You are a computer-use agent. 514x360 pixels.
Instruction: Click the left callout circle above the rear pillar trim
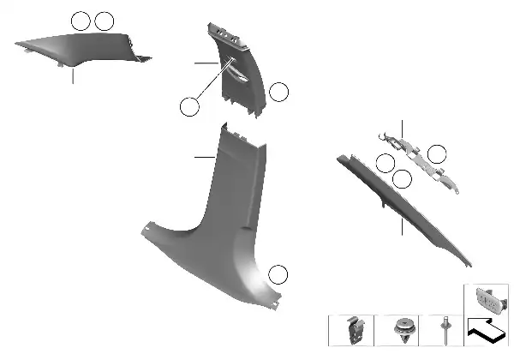point(81,20)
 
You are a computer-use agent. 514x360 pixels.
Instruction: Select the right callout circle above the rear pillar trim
point(104,20)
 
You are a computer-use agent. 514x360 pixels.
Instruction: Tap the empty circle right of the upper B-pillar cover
point(278,93)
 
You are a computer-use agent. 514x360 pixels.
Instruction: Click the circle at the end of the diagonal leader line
point(190,106)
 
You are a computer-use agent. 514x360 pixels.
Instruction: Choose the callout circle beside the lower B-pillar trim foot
point(278,275)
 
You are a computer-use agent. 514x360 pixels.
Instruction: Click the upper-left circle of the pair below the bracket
point(385,165)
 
